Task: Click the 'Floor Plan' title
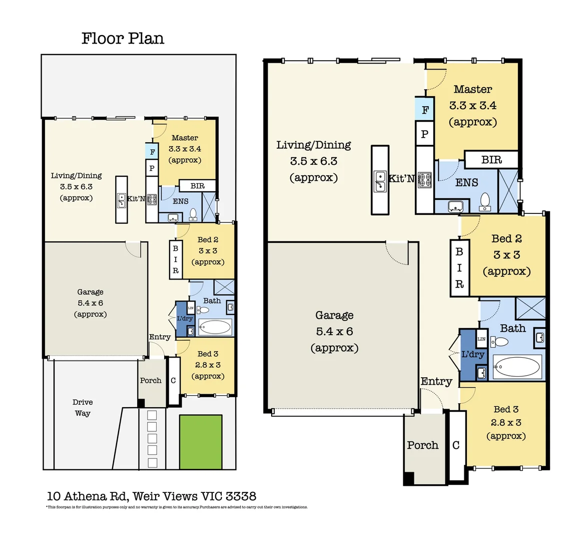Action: [x=123, y=39]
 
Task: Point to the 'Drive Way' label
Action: [x=83, y=408]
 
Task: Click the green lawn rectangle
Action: [x=201, y=441]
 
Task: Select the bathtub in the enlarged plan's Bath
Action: [x=517, y=367]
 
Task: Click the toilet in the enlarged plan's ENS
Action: [x=484, y=200]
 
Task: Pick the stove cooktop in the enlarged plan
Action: [x=424, y=179]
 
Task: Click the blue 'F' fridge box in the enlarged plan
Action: [x=425, y=110]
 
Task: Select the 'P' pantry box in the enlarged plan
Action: [x=424, y=134]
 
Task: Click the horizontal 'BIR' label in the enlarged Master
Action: [x=491, y=160]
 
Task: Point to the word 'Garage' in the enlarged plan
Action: [x=334, y=315]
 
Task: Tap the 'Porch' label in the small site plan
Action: [x=151, y=381]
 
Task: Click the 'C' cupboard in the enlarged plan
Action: [x=456, y=445]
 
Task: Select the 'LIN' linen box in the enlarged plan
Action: [x=481, y=339]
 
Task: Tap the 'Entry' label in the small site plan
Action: [x=160, y=337]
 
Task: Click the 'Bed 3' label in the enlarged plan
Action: [x=506, y=409]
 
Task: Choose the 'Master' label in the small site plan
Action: [x=185, y=138]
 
